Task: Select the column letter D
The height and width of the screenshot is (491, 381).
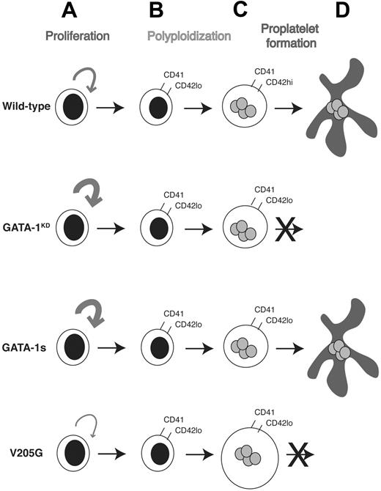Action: pos(338,12)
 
